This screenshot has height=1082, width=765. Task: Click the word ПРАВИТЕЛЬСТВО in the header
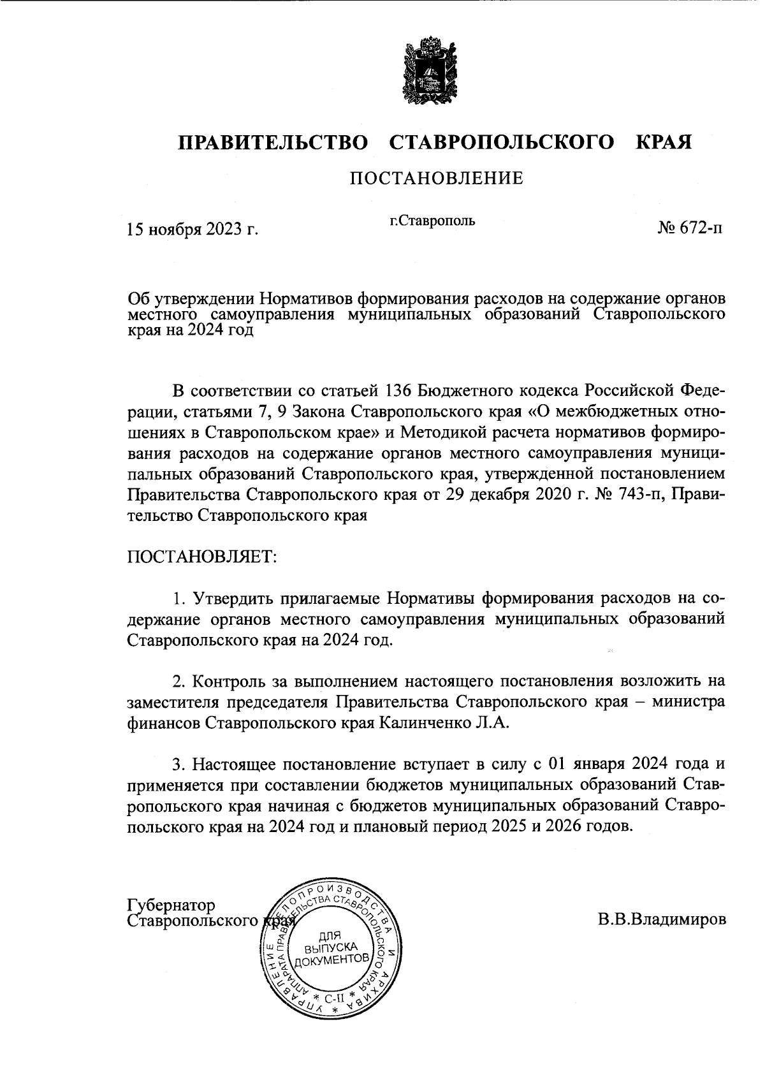273,142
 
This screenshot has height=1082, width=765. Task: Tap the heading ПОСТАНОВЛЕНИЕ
436,178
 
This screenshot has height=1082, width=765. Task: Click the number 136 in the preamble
400,390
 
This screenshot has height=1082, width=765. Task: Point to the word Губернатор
171,905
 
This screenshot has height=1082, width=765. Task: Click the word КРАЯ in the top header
664,142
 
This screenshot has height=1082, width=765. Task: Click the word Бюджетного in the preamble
477,390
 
